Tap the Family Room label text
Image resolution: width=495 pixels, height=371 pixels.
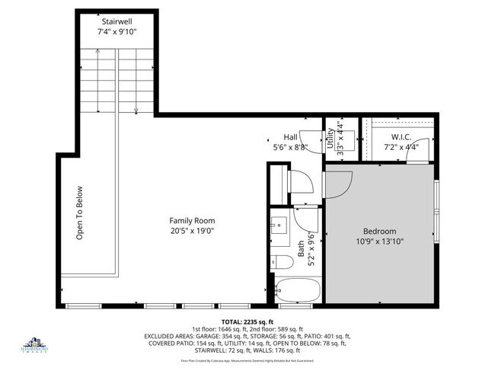[191, 220]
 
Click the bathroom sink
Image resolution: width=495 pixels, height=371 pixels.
[277, 225]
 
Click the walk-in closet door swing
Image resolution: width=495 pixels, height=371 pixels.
[417, 155]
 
